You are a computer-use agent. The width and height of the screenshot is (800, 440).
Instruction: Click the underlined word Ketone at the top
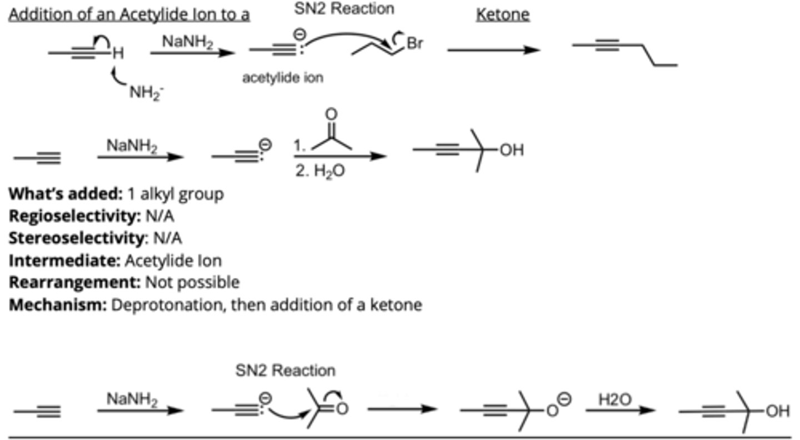[502, 14]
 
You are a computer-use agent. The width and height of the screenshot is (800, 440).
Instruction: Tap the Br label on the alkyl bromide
[415, 43]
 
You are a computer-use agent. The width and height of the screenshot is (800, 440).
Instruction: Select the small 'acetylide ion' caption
[282, 78]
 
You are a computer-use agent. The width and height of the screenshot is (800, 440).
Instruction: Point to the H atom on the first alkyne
[117, 53]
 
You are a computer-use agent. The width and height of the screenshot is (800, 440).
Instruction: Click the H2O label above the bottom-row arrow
[614, 399]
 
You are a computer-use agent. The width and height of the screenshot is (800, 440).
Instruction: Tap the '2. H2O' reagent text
[319, 171]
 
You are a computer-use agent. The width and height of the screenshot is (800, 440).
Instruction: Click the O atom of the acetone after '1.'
[331, 114]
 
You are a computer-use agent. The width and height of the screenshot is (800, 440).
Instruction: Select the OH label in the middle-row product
[512, 150]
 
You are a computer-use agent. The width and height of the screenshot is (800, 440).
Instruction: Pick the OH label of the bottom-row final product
[777, 411]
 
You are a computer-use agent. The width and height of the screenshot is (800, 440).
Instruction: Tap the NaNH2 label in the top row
[188, 41]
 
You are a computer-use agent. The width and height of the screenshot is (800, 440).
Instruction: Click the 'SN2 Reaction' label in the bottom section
[286, 370]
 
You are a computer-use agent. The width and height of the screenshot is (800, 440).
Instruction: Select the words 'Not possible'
[192, 282]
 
